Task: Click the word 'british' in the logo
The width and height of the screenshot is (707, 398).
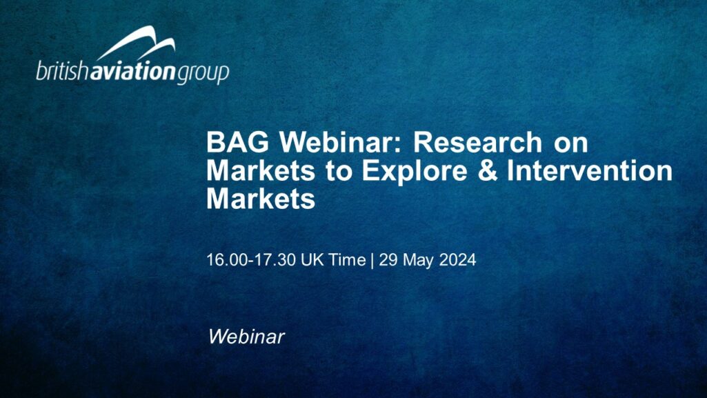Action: pos(63,70)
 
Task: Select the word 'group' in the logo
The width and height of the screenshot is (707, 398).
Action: pos(203,74)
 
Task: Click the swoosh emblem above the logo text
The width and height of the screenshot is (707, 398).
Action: pos(136,42)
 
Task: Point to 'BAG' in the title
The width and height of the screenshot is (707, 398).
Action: pos(237,142)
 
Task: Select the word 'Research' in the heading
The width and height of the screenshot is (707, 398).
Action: pos(478,142)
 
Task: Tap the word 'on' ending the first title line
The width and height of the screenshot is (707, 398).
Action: pos(571,144)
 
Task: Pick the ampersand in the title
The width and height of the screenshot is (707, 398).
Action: pos(487,171)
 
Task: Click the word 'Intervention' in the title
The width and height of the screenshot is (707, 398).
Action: pos(590,170)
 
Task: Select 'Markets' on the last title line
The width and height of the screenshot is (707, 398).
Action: pos(261,199)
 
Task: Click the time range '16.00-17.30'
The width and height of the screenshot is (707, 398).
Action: pos(248,260)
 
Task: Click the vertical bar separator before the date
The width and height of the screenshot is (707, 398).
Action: pos(372,261)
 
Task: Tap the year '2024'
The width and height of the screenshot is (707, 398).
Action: pos(458,260)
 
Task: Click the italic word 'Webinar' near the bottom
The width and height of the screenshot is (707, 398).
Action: pos(247,337)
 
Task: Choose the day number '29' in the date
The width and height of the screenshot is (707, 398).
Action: pos(388,260)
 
